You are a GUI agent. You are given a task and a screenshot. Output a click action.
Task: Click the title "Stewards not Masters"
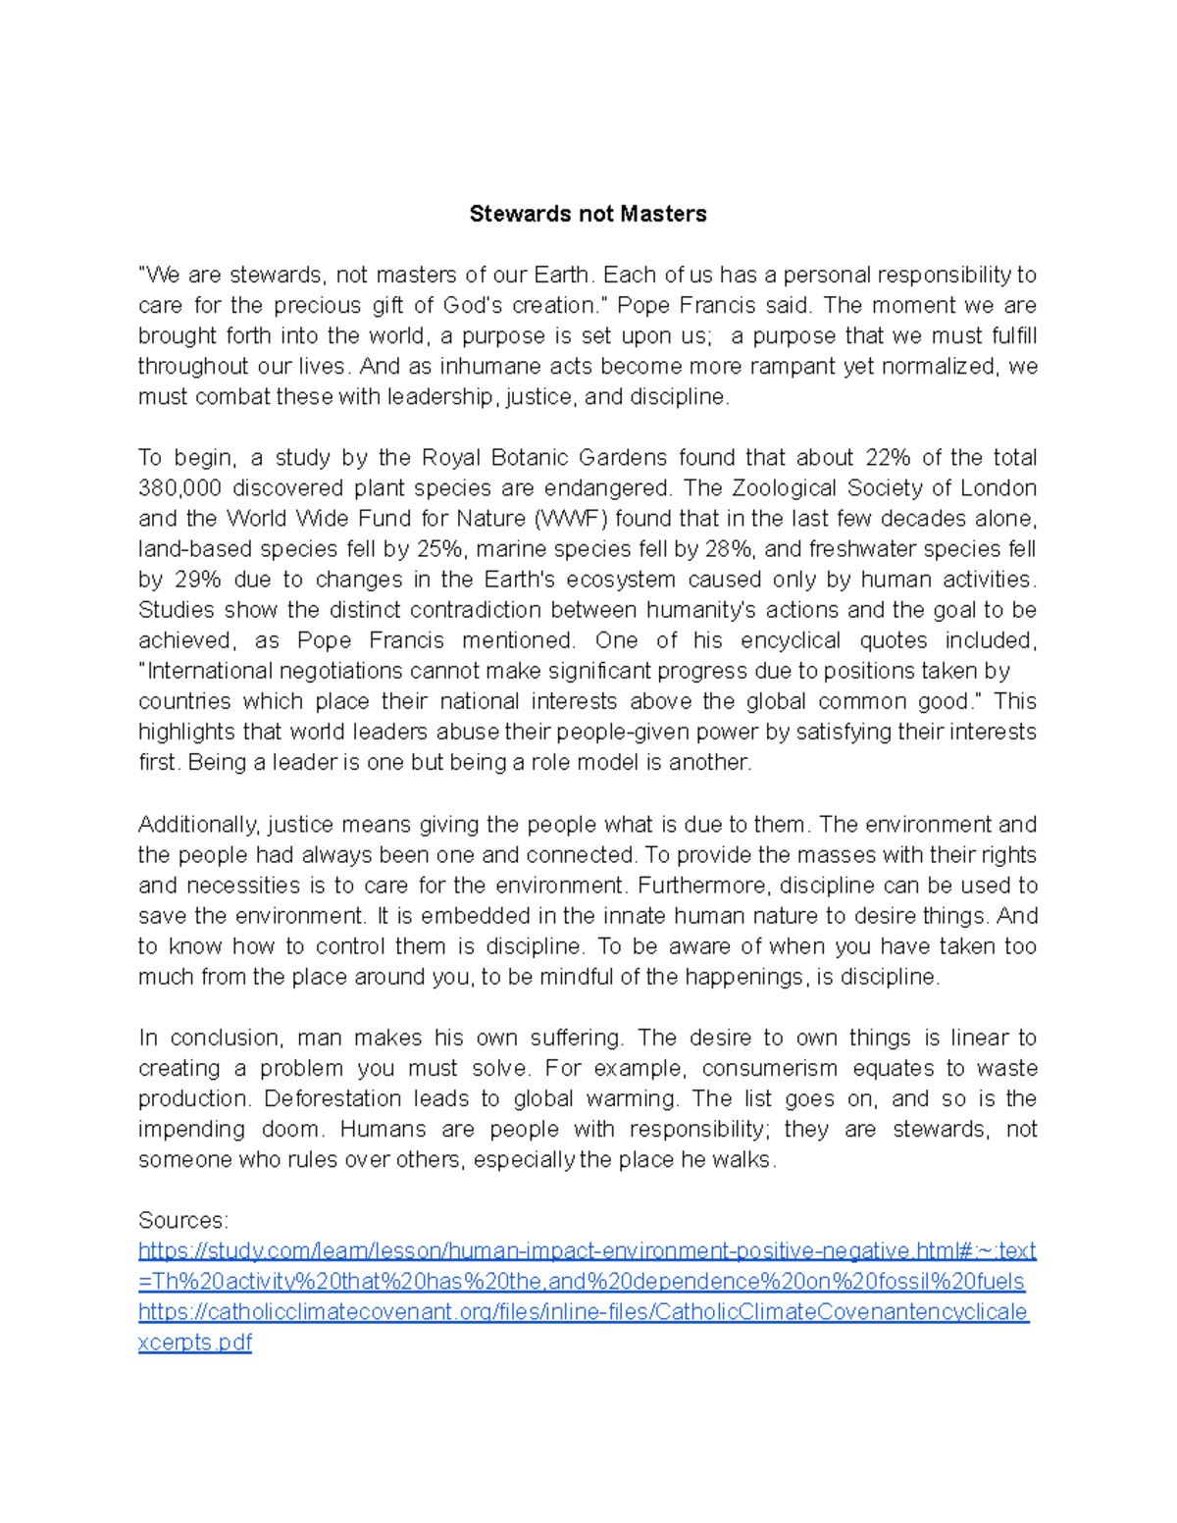coord(588,214)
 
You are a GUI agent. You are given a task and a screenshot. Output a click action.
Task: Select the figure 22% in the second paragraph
coord(888,458)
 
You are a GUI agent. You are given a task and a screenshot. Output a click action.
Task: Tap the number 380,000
coord(179,488)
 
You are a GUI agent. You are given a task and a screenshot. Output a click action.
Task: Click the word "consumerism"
coord(769,1068)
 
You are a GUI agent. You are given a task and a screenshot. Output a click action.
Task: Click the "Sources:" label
coord(182,1220)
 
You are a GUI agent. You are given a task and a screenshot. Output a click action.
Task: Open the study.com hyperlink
coord(587,1251)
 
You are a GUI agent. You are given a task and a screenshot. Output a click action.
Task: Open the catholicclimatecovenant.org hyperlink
coord(583,1312)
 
